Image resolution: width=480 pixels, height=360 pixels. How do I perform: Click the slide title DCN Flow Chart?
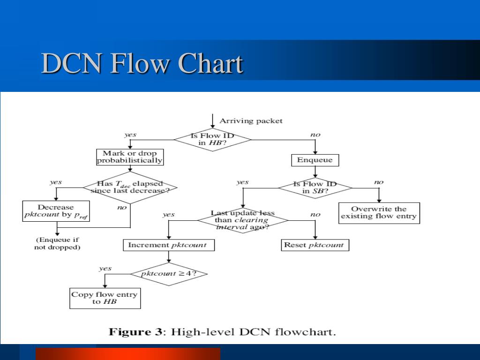(x=142, y=64)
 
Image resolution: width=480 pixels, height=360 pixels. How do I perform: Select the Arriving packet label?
(x=251, y=121)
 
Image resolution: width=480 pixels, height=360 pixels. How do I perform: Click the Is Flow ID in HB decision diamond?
(x=213, y=139)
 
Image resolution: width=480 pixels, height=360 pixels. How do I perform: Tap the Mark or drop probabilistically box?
(x=130, y=157)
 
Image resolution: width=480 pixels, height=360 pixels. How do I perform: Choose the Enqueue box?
(x=315, y=160)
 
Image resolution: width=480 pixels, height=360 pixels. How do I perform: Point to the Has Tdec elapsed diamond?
(x=130, y=187)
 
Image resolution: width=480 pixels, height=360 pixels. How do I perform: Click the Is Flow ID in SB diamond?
(x=315, y=187)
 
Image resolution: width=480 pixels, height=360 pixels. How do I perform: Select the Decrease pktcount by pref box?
(x=56, y=211)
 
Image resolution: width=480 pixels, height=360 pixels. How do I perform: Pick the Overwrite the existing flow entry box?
(x=379, y=213)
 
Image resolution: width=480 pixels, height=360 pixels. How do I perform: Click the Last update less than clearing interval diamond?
(x=242, y=220)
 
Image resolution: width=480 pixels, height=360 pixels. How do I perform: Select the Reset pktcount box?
(x=315, y=245)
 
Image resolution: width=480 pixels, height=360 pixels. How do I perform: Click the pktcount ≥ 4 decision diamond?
(x=168, y=274)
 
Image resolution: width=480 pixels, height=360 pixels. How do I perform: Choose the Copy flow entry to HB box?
(x=105, y=298)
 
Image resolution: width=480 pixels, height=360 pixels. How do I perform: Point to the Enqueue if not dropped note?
(x=57, y=243)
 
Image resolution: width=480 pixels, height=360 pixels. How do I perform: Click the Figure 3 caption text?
(x=223, y=332)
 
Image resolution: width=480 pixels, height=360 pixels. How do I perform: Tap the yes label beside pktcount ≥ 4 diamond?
(x=105, y=269)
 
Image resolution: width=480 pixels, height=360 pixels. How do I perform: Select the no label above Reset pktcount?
(x=315, y=215)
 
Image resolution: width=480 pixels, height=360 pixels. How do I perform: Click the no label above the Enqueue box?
(x=315, y=135)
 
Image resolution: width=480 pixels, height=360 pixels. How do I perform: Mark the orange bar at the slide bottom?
(x=127, y=353)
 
